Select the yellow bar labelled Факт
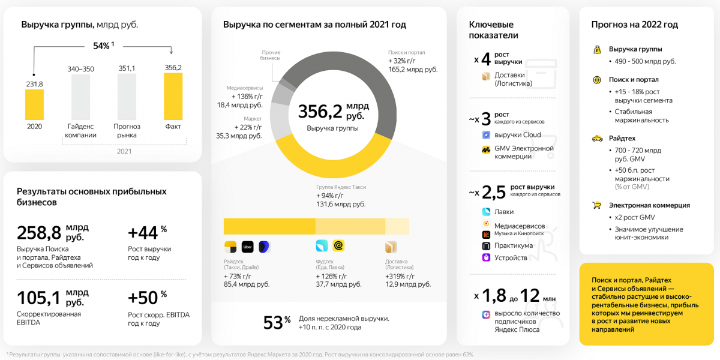click(x=173, y=96)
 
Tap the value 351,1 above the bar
click(x=127, y=68)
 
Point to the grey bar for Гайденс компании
click(x=81, y=97)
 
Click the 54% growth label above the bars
click(x=103, y=46)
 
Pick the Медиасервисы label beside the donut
click(x=244, y=88)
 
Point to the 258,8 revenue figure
click(x=40, y=232)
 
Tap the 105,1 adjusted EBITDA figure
click(x=39, y=297)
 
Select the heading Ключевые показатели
click(x=493, y=30)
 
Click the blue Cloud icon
click(x=486, y=135)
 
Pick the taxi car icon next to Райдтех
click(x=597, y=138)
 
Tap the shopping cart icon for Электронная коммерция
click(x=597, y=205)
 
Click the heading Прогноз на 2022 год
click(x=634, y=25)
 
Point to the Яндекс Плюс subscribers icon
click(x=486, y=314)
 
